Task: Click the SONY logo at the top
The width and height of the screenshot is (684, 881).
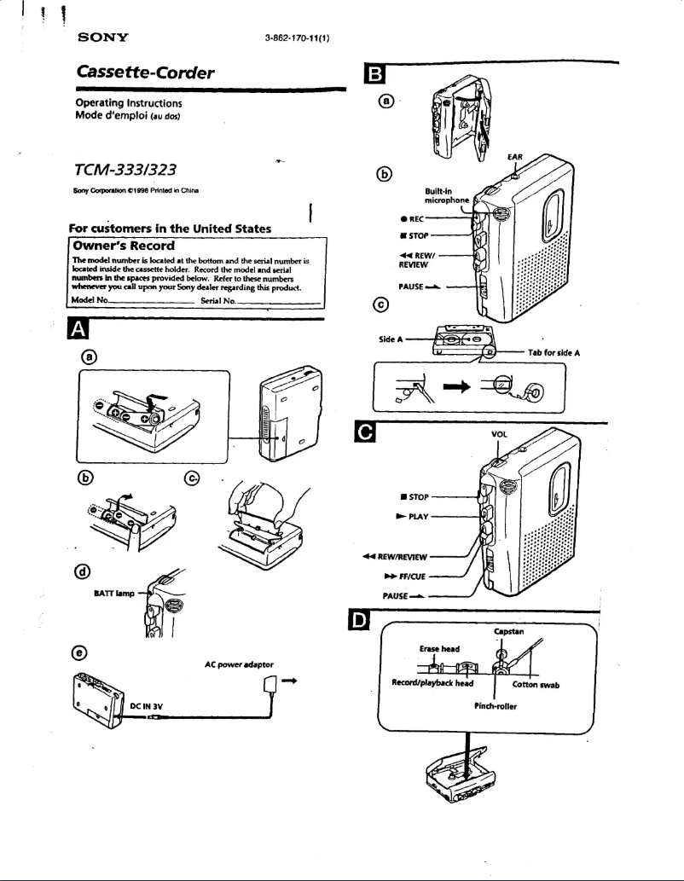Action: [x=103, y=38]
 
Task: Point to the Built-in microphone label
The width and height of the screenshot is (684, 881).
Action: [x=446, y=195]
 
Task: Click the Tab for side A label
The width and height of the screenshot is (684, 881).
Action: [x=554, y=352]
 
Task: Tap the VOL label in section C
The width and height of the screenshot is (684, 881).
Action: [x=500, y=434]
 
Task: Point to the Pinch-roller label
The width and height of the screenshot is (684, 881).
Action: [x=496, y=707]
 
